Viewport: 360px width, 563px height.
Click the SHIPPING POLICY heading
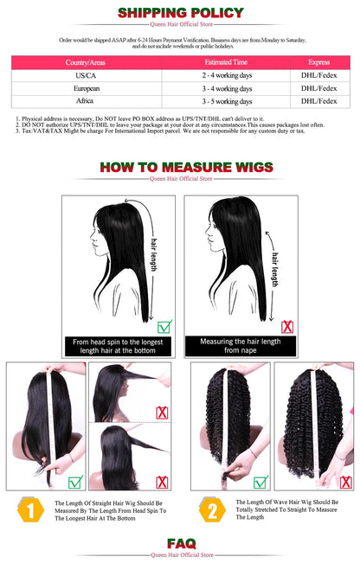tap(181, 13)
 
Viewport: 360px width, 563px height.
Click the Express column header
tap(319, 62)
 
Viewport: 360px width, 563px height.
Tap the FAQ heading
tap(181, 543)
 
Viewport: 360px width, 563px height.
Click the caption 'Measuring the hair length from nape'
tap(241, 346)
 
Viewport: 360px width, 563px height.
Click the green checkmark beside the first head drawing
tap(164, 326)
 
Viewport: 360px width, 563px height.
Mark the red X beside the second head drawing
tap(287, 326)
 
